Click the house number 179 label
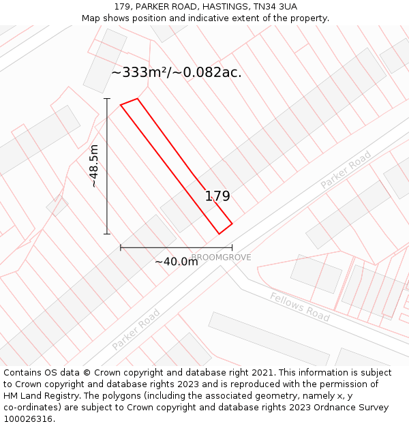pos(217,196)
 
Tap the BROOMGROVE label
pos(221,258)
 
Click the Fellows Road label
pos(299,307)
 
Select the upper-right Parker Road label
pos(346,170)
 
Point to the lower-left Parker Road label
pos(136,330)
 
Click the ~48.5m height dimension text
pos(94,166)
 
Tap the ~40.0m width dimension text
pos(176,262)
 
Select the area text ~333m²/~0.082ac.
pos(176,72)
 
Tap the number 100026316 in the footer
pos(29,419)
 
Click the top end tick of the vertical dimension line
pos(107,99)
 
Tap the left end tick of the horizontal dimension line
pos(121,248)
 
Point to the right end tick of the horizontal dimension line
pos(232,248)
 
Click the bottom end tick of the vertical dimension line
pos(107,234)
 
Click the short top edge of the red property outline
pos(130,102)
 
